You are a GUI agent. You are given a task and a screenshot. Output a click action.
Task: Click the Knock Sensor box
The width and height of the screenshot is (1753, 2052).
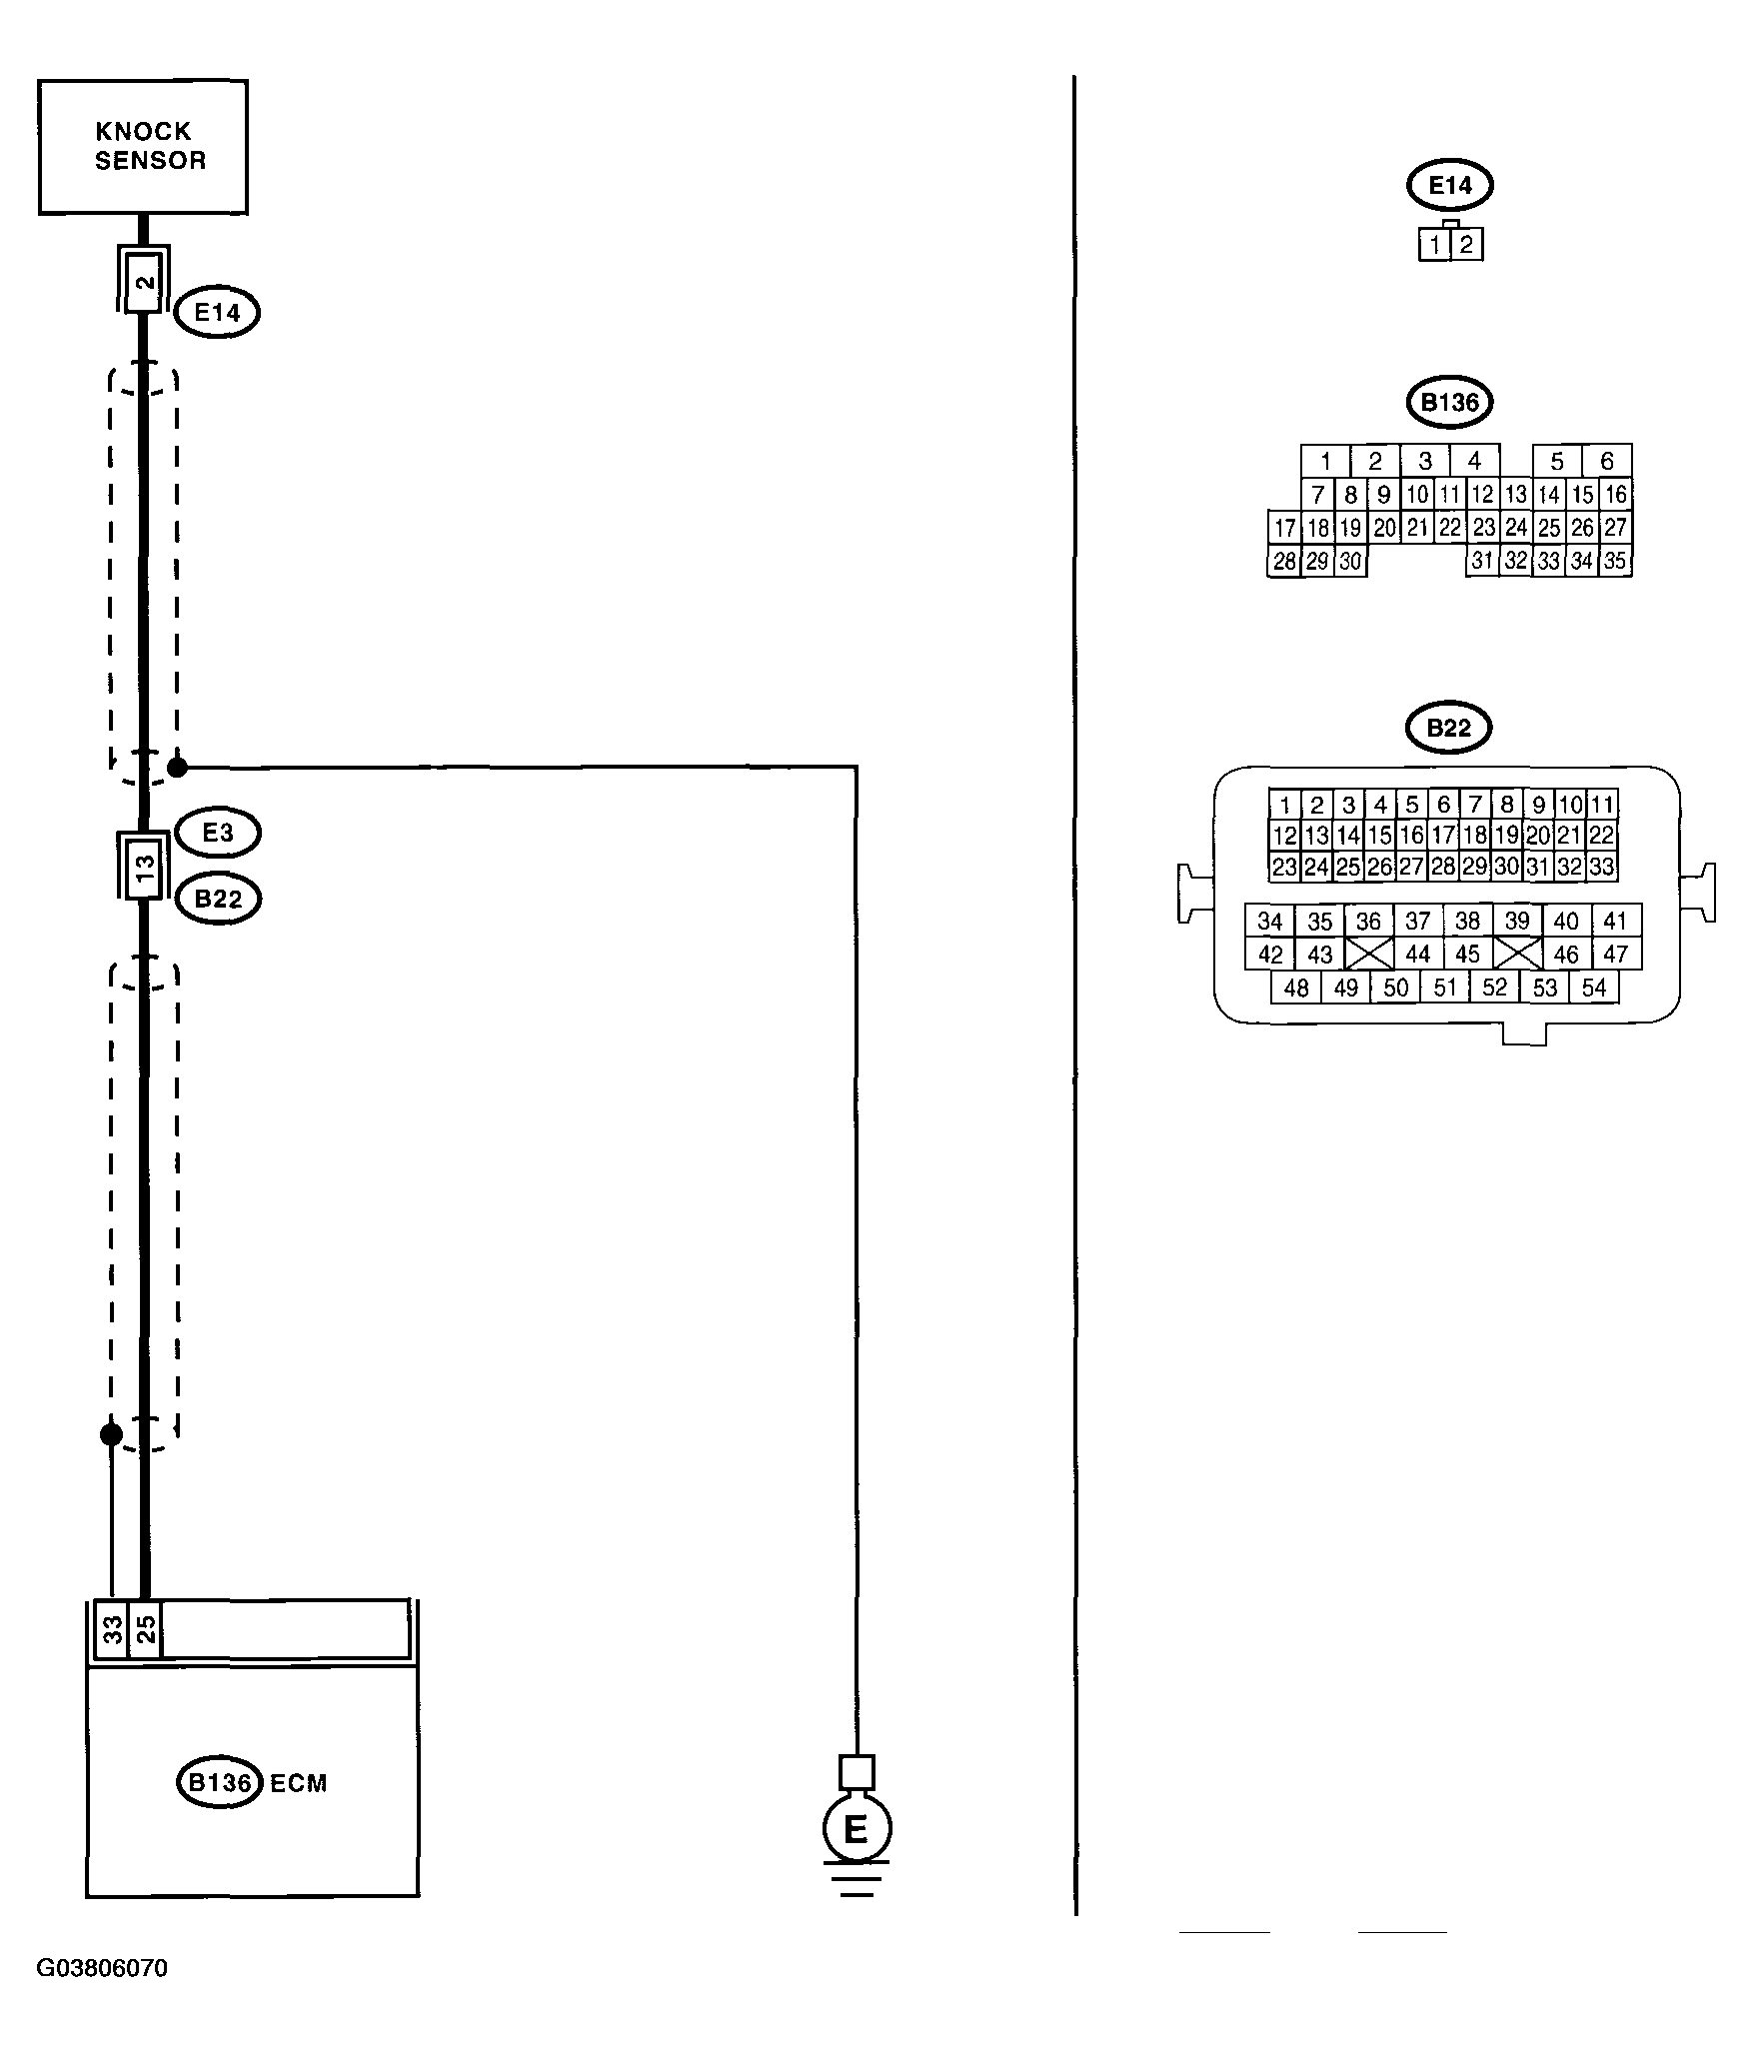click(143, 147)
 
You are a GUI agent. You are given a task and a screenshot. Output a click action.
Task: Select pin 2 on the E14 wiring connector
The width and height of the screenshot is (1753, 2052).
click(145, 281)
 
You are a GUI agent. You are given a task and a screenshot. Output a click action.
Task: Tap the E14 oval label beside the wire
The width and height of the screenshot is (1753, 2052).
click(217, 312)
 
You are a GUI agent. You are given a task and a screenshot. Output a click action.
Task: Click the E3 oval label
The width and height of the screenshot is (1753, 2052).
click(218, 833)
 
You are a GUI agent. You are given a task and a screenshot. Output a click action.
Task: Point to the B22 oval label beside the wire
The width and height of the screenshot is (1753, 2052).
click(218, 899)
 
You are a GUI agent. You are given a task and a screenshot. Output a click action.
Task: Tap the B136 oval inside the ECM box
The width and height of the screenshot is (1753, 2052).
click(220, 1783)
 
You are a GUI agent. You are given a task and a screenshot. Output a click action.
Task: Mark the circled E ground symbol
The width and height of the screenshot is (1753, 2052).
click(857, 1828)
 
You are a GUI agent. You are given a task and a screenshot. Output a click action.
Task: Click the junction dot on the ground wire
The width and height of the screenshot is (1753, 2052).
click(177, 768)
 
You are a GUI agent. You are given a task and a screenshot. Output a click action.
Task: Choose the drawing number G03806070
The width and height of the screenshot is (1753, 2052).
click(102, 1968)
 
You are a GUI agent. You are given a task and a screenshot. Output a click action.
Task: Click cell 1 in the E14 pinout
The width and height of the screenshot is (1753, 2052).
click(1435, 245)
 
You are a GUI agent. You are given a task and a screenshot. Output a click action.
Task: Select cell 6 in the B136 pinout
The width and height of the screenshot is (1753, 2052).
click(1607, 461)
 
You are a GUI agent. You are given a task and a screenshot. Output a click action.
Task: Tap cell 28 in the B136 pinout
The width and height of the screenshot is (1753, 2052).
click(1285, 561)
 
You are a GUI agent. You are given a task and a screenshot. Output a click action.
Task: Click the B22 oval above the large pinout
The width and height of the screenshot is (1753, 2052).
click(1449, 728)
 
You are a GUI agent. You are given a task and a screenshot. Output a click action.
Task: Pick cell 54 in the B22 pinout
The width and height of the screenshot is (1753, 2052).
click(1594, 988)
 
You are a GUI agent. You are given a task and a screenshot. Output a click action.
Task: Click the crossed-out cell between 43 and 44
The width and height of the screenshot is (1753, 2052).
click(1369, 954)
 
